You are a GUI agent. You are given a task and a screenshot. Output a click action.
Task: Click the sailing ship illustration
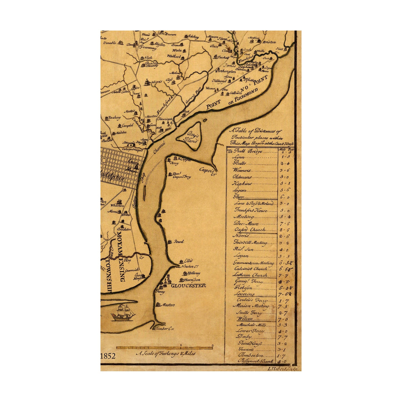click(123, 313)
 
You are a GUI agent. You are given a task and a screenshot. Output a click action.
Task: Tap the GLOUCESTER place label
click(188, 285)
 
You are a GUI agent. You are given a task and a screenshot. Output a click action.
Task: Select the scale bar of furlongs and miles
click(164, 348)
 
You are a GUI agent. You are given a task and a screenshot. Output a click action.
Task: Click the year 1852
click(108, 356)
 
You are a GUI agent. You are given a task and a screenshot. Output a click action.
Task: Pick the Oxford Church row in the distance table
click(250, 230)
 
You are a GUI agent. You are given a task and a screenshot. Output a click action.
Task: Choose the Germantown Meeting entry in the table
click(254, 263)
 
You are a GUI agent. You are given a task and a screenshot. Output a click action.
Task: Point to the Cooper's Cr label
click(207, 172)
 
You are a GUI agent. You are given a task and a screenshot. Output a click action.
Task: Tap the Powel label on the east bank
click(179, 242)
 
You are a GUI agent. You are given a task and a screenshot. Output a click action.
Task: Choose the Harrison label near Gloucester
click(192, 280)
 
